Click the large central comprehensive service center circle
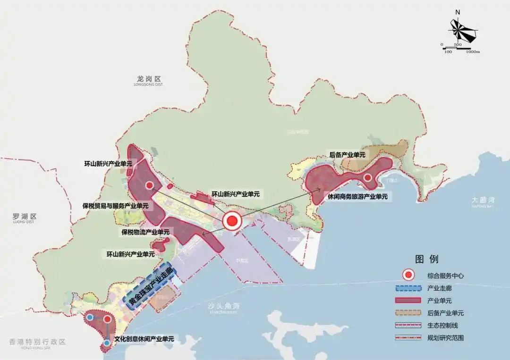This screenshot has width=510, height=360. (x=232, y=221)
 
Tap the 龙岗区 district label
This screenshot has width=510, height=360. (x=148, y=79)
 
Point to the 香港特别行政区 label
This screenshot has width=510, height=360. (x=37, y=342)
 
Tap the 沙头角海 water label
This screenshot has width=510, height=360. (x=221, y=306)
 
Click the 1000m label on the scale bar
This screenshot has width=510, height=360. (x=472, y=51)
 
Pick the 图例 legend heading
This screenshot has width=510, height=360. (x=426, y=259)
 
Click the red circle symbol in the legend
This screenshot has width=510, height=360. (x=408, y=275)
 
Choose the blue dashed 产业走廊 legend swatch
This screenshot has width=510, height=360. (x=408, y=288)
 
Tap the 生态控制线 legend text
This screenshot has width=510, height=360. (x=442, y=325)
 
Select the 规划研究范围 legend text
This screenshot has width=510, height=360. (x=445, y=338)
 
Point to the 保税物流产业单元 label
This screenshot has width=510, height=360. (x=145, y=232)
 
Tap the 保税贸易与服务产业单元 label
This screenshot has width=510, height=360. (x=115, y=206)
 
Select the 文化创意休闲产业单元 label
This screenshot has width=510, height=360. (x=144, y=339)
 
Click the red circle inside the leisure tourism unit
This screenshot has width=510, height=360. (x=367, y=178)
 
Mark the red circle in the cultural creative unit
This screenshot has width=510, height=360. (x=107, y=319)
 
